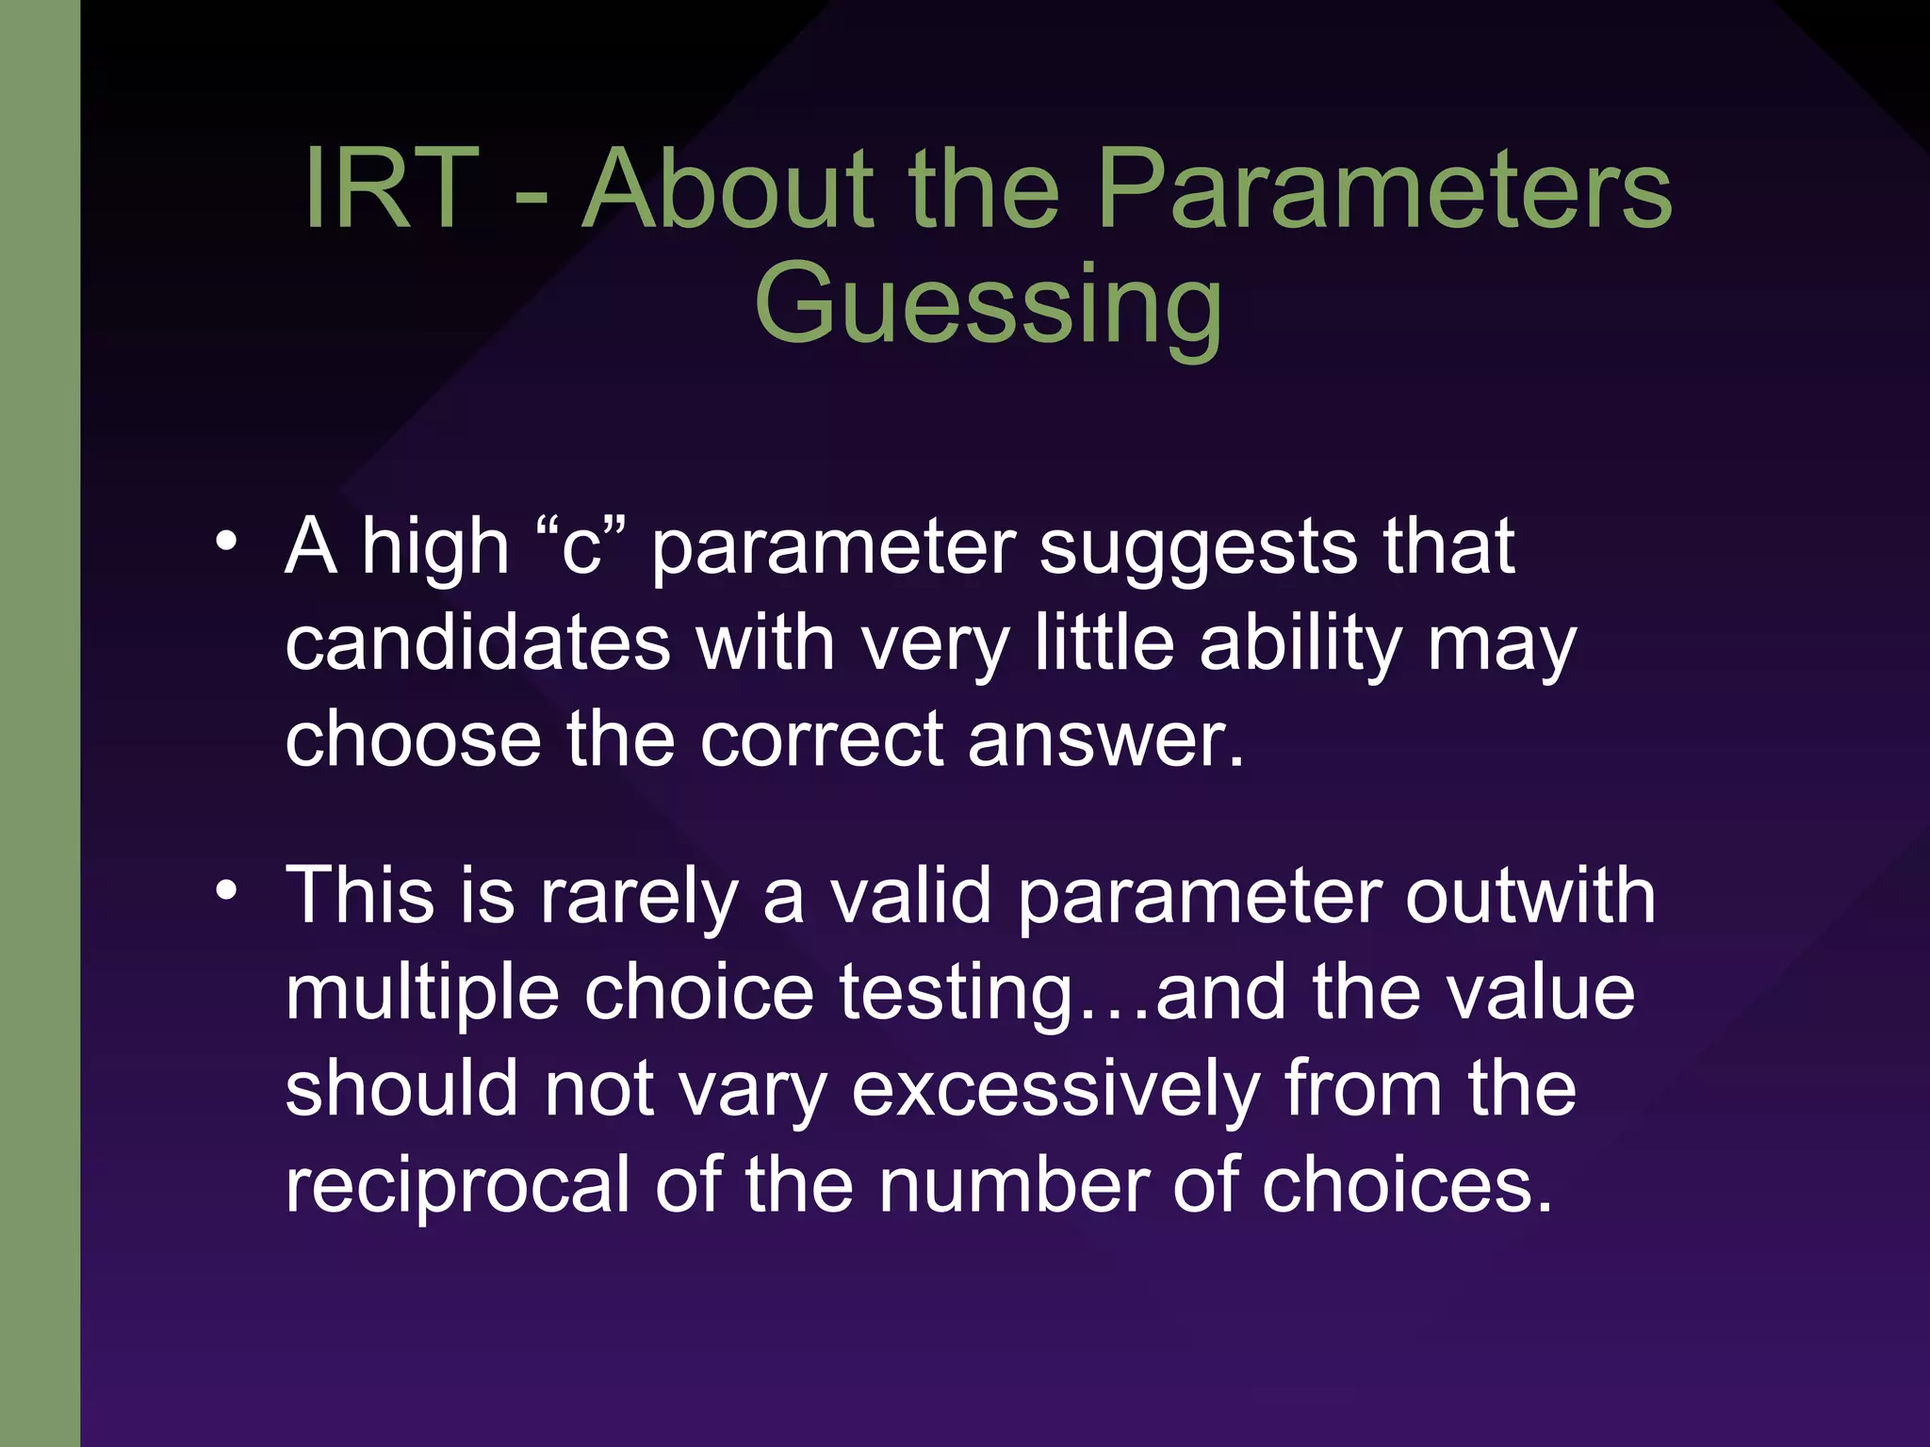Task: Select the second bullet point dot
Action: click(225, 889)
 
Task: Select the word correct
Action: click(821, 740)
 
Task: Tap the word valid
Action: click(910, 896)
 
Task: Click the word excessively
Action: click(1055, 1091)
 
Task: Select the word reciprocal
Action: click(457, 1187)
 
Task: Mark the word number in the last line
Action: click(1014, 1185)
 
